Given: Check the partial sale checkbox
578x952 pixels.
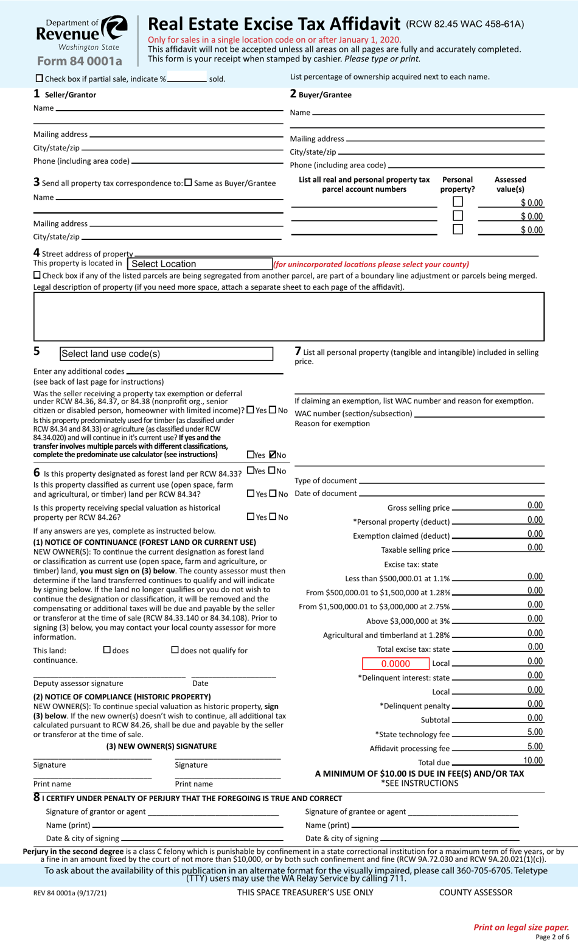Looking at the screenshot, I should coord(40,79).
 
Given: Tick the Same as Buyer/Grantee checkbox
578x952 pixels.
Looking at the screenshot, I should coord(188,183).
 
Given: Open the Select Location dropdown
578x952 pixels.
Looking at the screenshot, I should coord(200,264).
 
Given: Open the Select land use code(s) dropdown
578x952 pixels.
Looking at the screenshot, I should coord(166,354).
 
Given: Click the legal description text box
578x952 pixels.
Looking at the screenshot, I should coord(288,317).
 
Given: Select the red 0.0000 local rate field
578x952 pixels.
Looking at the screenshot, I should coord(395,663).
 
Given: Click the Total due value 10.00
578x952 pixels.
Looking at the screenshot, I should coord(533,760).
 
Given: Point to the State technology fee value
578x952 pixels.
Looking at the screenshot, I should coord(535,732).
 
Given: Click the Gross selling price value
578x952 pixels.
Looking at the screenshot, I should coord(535,505).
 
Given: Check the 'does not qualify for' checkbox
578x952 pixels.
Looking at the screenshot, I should coord(175,650).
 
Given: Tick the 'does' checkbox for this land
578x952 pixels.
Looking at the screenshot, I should coord(107,650).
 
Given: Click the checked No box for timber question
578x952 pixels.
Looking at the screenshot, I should coord(273,455).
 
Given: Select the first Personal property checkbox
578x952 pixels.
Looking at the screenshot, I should coord(458,201).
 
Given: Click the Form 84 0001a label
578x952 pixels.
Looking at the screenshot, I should coord(79,61).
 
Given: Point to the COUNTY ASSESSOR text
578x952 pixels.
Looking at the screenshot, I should coord(475,892).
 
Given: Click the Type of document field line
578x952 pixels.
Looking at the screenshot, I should coord(451,481).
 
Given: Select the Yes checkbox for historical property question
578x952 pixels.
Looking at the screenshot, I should coord(251,517).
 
